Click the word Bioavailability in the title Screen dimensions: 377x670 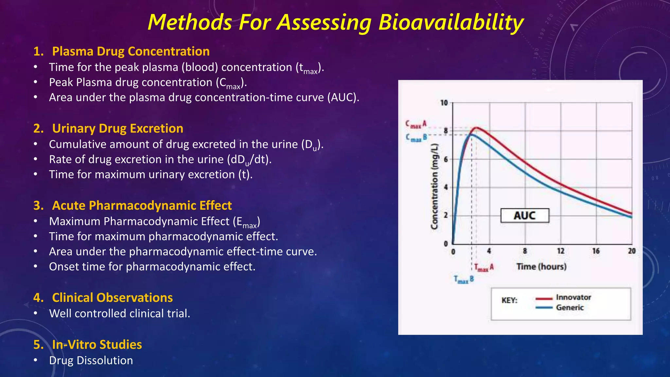(x=451, y=23)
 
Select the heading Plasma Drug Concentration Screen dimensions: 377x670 (x=131, y=51)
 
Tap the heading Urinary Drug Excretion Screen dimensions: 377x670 (x=117, y=128)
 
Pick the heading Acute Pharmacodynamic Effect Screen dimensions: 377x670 (x=142, y=206)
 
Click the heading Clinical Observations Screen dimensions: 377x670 (x=112, y=298)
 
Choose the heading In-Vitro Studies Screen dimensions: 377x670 (x=97, y=345)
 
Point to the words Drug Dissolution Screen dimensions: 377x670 (x=91, y=360)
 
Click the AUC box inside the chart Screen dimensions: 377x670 (x=524, y=216)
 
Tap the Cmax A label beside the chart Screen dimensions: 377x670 (x=416, y=124)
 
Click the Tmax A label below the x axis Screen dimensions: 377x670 (x=484, y=268)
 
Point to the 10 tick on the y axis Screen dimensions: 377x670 (x=444, y=103)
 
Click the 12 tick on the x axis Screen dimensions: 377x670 (x=561, y=251)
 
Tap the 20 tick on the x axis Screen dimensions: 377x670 (x=632, y=251)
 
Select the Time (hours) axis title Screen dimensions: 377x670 (x=541, y=266)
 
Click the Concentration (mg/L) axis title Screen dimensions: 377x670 (x=434, y=187)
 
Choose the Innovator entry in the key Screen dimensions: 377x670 (x=573, y=297)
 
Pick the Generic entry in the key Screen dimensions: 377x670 (x=570, y=307)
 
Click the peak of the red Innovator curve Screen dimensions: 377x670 (x=477, y=128)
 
